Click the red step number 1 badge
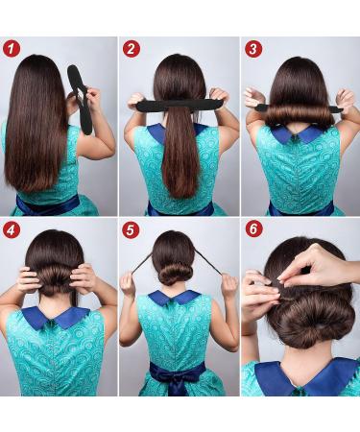(x=12, y=49)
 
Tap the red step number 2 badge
(x=132, y=49)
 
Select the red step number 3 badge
(x=253, y=49)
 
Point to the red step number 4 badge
(x=12, y=229)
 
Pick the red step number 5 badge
(x=131, y=229)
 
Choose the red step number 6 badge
(x=253, y=229)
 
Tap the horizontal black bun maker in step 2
(x=178, y=106)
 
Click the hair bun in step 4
(x=55, y=279)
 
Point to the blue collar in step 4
(x=55, y=318)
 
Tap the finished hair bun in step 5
(x=176, y=275)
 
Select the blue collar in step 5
(x=175, y=298)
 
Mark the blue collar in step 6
(x=304, y=377)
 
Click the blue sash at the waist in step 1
(x=48, y=204)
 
